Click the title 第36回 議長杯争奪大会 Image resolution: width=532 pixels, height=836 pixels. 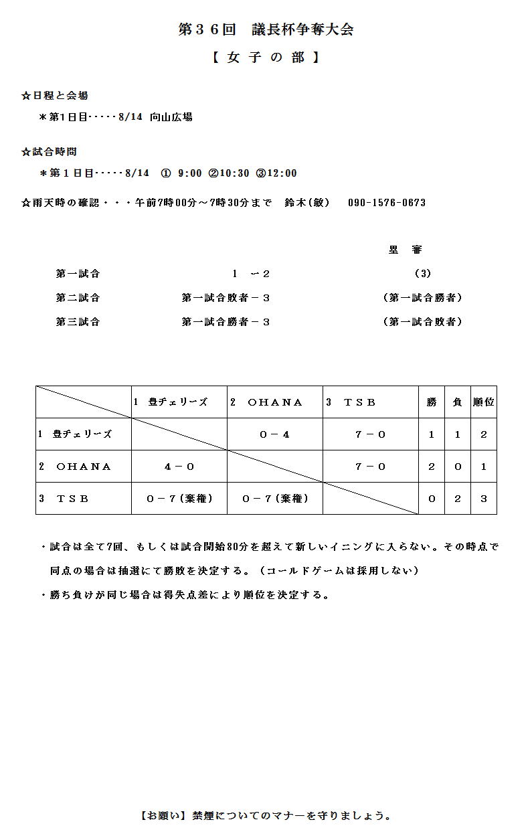pos(266,29)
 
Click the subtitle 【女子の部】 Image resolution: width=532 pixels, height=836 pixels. pos(266,58)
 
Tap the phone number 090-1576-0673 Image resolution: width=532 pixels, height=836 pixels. pos(387,203)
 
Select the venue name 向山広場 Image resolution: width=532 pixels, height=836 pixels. pos(171,117)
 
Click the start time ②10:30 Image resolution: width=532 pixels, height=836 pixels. pos(229,173)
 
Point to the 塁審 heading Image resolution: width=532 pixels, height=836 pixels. pos(406,250)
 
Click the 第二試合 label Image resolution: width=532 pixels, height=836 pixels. pos(78,298)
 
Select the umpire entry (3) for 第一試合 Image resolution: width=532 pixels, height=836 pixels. pos(422,273)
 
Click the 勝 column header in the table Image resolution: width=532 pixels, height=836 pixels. pos(432,402)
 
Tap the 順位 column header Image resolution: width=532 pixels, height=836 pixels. pos(483,402)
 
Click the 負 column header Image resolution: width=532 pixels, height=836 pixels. pos(458,402)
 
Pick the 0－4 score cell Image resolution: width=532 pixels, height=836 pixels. pos(274,434)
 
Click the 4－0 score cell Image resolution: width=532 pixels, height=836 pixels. pos(179,467)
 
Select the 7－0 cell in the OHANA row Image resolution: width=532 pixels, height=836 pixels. pos(370,467)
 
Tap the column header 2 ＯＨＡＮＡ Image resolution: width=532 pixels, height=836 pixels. pos(266,402)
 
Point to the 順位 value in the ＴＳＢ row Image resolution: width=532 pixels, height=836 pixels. pos(483,499)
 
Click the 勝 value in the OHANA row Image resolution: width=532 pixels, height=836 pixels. pos(432,467)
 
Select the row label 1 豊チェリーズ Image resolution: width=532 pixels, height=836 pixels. pos(75,434)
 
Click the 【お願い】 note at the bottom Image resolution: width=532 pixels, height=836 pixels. pos(266,816)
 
